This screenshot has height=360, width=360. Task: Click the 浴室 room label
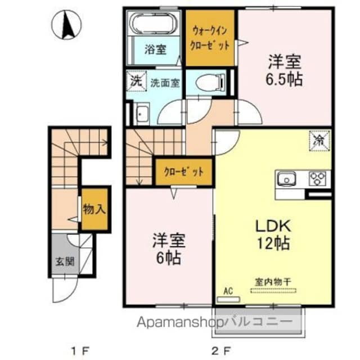pos(156,49)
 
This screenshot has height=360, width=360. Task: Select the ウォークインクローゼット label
pos(210,37)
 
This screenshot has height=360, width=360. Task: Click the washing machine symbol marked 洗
pos(137,80)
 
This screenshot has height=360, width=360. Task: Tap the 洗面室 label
pos(165,83)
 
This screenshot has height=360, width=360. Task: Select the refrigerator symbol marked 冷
pos(318,138)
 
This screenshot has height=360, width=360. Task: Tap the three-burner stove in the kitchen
pos(318,179)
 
